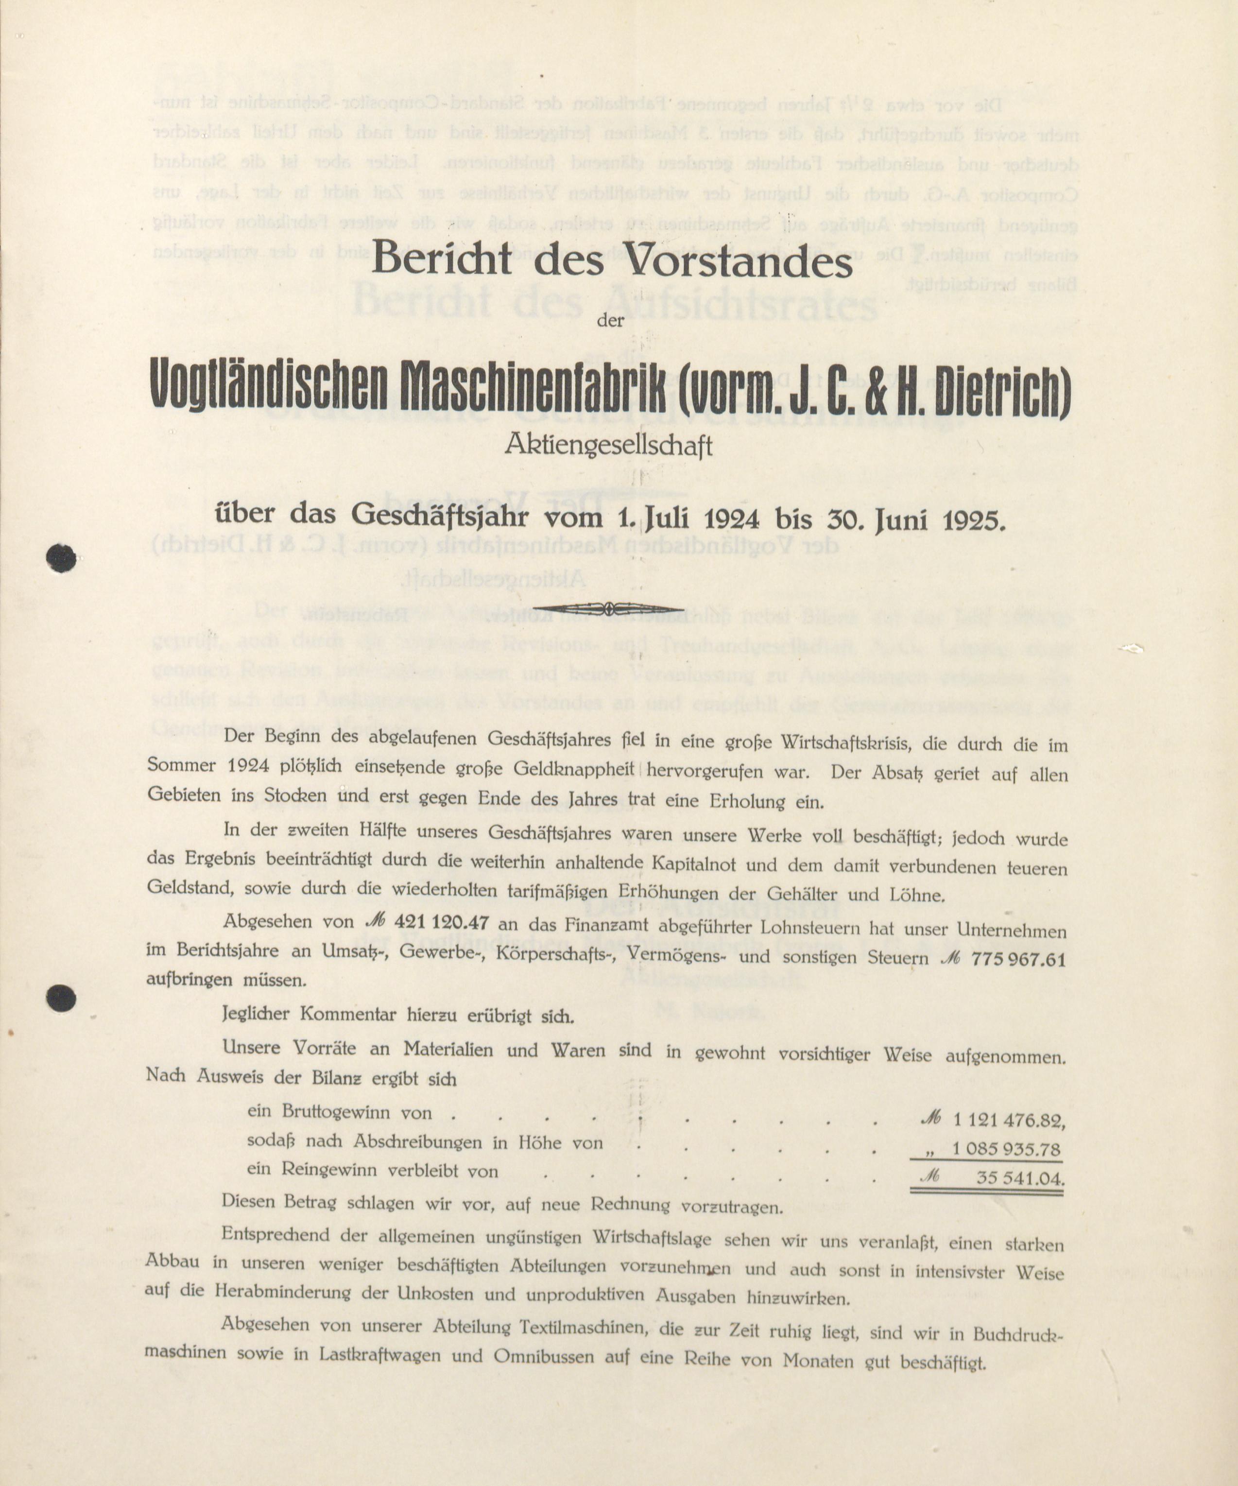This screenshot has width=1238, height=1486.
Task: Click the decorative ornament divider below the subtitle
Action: [x=608, y=608]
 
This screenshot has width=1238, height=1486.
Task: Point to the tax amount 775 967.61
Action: [x=1019, y=959]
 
